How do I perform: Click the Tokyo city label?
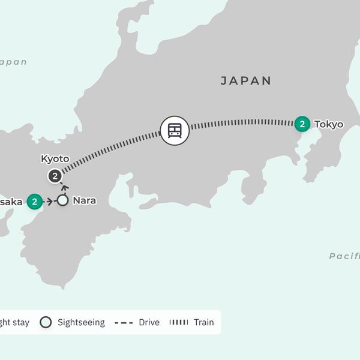(329, 125)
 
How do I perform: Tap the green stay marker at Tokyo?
(302, 124)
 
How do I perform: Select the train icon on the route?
(175, 130)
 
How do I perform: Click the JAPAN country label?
(246, 80)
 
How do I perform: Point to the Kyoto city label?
(55, 159)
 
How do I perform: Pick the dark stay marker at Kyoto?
(55, 176)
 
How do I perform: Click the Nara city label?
(84, 201)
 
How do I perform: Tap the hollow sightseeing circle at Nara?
(62, 201)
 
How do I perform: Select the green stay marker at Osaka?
(35, 202)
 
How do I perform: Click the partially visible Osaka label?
(11, 202)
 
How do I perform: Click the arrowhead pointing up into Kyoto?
(64, 187)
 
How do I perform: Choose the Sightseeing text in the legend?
(81, 322)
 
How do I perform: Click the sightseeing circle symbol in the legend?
(46, 322)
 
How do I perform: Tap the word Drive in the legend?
(149, 322)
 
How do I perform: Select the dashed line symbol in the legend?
(124, 322)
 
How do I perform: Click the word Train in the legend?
(203, 322)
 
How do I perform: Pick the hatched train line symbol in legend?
(179, 322)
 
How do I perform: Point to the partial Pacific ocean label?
(344, 256)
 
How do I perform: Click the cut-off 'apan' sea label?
(13, 62)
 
